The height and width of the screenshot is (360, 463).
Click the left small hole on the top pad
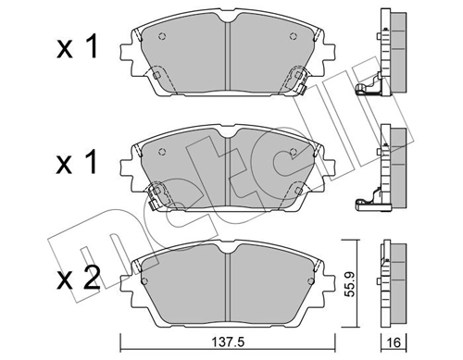(163, 38)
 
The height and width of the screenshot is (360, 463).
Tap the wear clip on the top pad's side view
(366, 88)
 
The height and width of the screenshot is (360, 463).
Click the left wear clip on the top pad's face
(157, 78)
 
